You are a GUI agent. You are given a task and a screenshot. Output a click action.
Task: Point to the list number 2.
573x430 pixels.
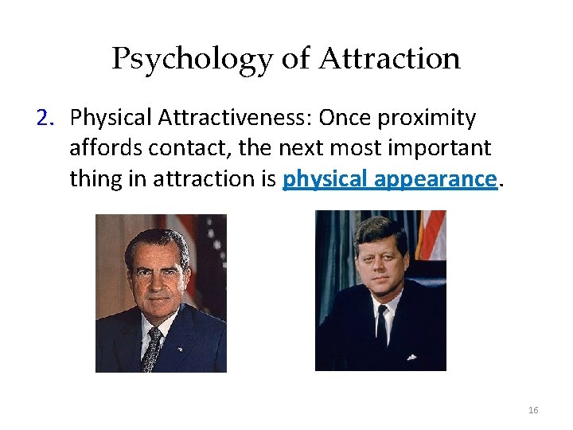(44, 118)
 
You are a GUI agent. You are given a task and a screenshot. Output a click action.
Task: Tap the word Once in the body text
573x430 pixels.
(344, 118)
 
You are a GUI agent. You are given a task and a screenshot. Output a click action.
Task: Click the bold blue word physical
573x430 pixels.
(317, 179)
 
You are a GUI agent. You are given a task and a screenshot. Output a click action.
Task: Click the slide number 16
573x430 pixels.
(533, 410)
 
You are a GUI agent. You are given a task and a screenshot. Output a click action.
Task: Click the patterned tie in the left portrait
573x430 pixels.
(152, 348)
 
